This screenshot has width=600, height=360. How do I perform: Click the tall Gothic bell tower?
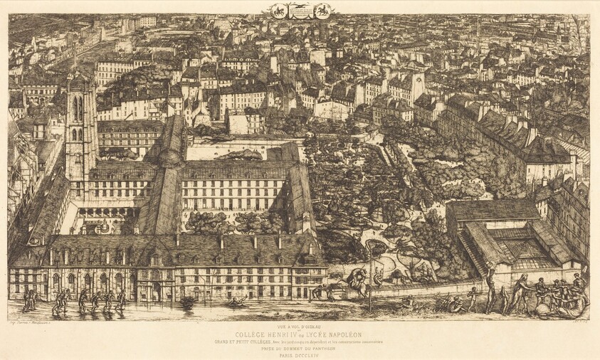[80, 128]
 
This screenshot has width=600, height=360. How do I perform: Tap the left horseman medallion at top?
[278, 11]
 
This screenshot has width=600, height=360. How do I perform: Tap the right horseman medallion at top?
[322, 11]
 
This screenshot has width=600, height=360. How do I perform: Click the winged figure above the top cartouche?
[300, 7]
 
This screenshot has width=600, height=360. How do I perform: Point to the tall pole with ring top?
[370, 274]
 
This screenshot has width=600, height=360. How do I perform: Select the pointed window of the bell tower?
[77, 108]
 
